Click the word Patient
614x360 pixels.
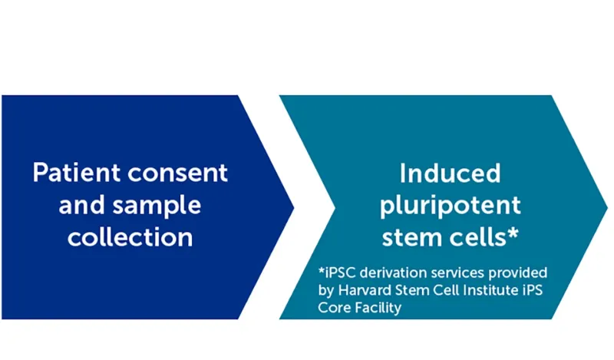[x=74, y=173]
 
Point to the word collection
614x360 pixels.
[x=130, y=237]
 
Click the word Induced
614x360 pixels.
[x=451, y=173]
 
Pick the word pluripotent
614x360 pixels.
[x=451, y=205]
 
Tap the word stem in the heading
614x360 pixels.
[x=413, y=237]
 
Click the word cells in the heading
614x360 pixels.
[x=477, y=237]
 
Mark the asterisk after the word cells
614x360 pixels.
[x=511, y=233]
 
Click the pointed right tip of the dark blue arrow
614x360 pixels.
[x=293, y=206]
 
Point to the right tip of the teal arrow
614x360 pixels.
[x=606, y=206]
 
